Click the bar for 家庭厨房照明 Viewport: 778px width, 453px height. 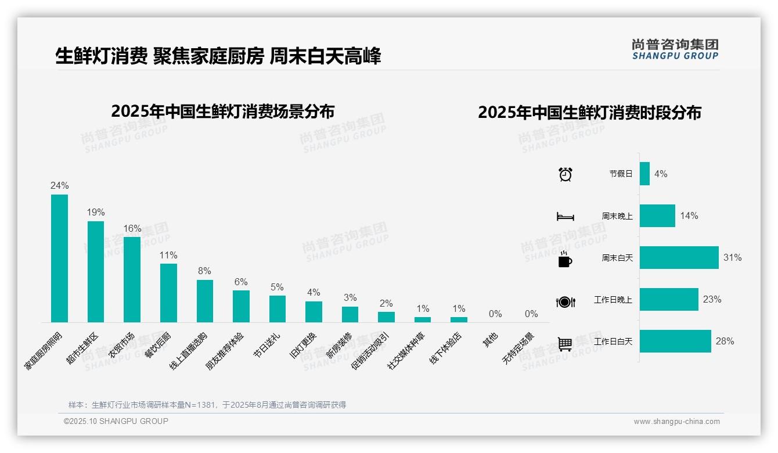pyautogui.click(x=59, y=258)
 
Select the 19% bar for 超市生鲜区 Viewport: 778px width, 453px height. pyautogui.click(x=96, y=272)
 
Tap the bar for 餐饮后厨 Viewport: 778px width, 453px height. pyautogui.click(x=168, y=293)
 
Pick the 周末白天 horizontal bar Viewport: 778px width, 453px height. pyautogui.click(x=679, y=258)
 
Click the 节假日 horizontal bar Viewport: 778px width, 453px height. pyautogui.click(x=644, y=174)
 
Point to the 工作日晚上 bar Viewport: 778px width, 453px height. pyautogui.click(x=669, y=300)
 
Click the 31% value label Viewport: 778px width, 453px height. pyautogui.click(x=732, y=258)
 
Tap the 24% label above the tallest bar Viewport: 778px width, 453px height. pyautogui.click(x=59, y=186)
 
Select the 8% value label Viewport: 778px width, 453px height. pyautogui.click(x=204, y=271)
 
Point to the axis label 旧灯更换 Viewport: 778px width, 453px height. pyautogui.click(x=304, y=346)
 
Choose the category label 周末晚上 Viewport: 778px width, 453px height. pyautogui.click(x=617, y=216)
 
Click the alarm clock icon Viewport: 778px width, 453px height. pyautogui.click(x=566, y=174)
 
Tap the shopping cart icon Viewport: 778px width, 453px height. pyautogui.click(x=565, y=344)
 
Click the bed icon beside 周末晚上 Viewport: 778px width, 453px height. pyautogui.click(x=565, y=217)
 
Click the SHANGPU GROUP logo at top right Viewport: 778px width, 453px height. pyautogui.click(x=675, y=49)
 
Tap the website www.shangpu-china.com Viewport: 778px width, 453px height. pyautogui.click(x=676, y=422)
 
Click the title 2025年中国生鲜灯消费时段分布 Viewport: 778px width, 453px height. pyautogui.click(x=589, y=113)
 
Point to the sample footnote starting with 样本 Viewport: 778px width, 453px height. pyautogui.click(x=207, y=405)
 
